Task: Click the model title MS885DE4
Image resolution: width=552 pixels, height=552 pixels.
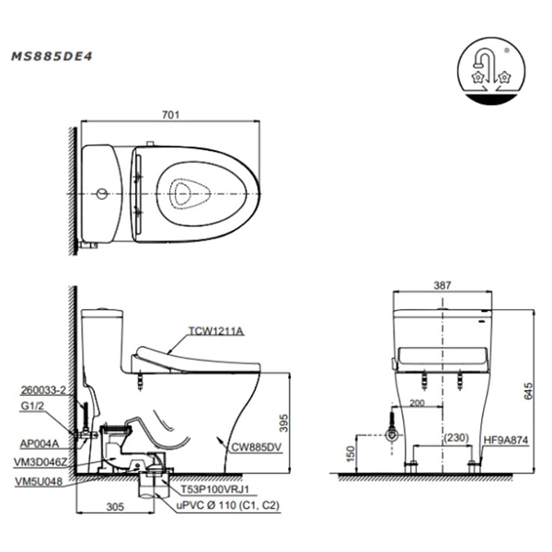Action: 52,56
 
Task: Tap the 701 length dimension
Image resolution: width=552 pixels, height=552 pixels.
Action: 171,115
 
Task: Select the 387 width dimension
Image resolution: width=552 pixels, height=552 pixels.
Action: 443,285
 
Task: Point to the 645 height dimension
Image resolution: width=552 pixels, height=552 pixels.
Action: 528,391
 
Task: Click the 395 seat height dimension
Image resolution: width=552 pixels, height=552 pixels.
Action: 283,423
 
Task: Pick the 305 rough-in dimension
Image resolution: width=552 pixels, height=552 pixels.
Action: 115,507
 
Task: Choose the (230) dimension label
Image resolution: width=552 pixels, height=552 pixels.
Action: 456,438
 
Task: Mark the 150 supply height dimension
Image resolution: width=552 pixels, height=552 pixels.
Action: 351,454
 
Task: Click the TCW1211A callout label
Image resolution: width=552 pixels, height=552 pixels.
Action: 216,331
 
